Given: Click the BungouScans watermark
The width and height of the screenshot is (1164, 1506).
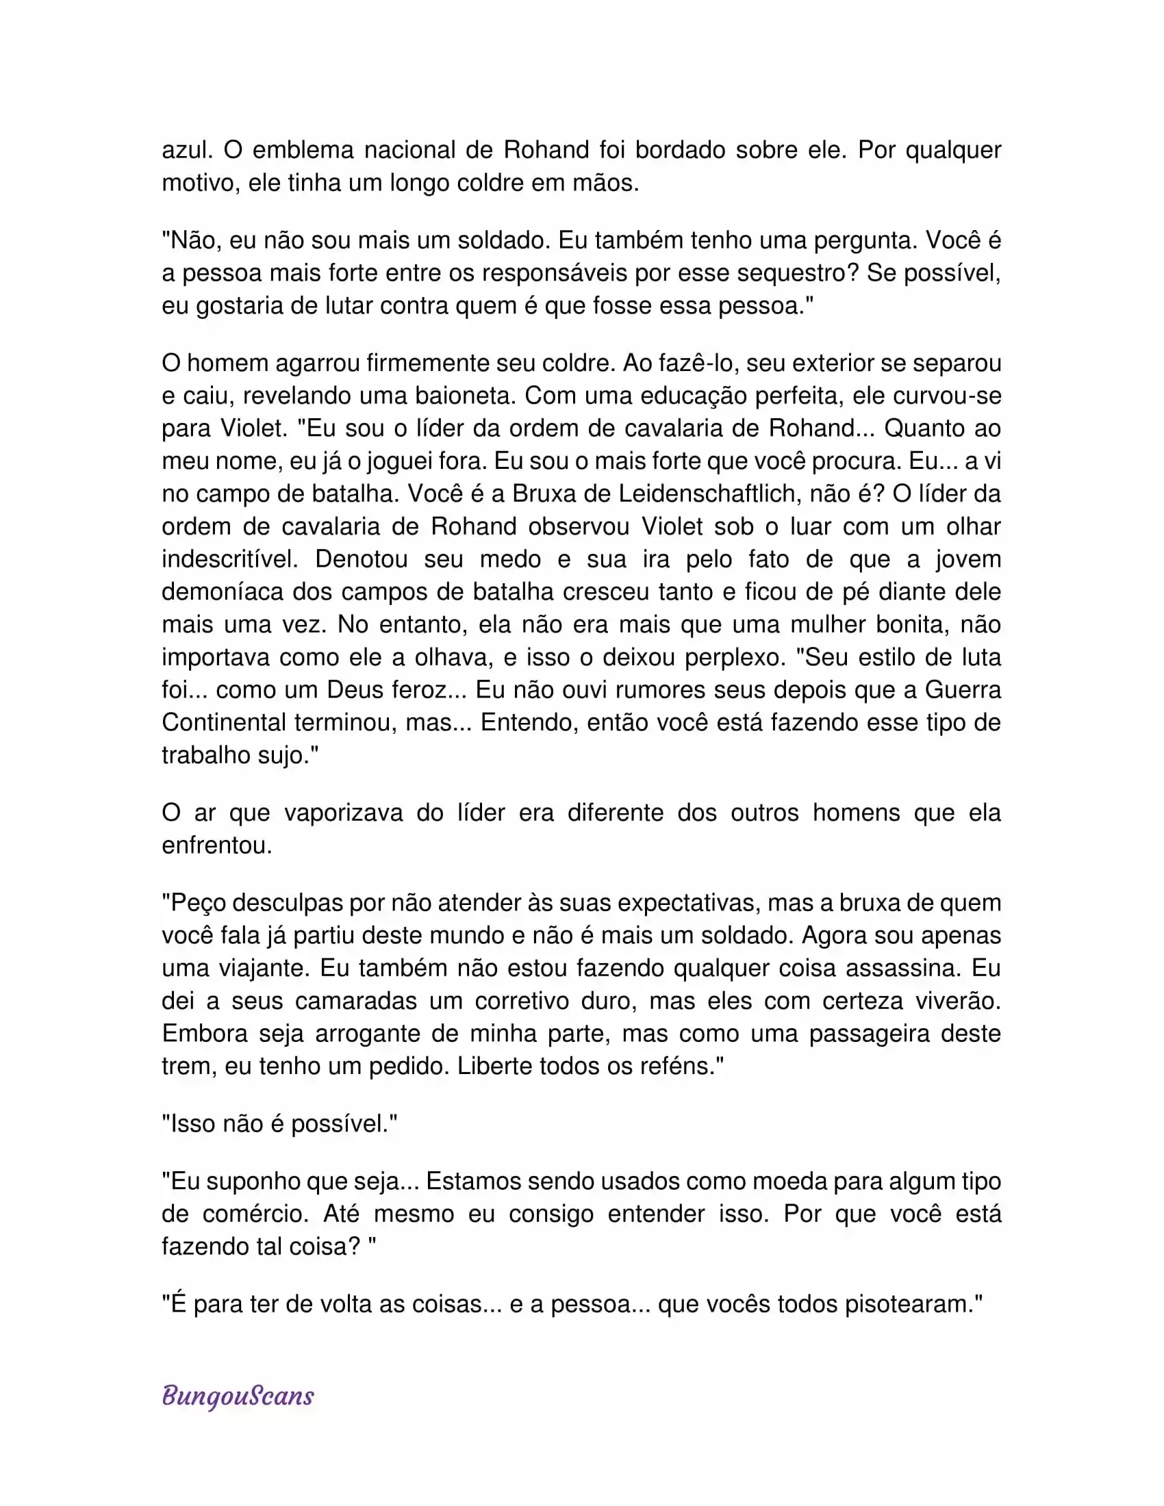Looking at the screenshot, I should click(x=238, y=1396).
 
